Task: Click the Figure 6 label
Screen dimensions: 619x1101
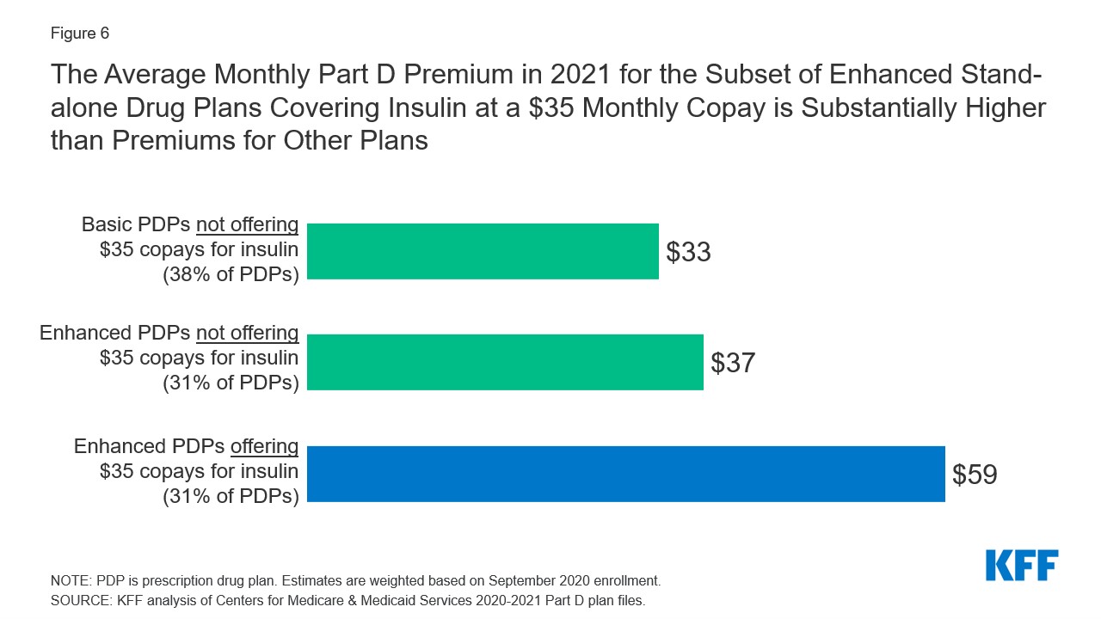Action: (x=80, y=34)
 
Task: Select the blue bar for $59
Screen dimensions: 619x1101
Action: (x=625, y=474)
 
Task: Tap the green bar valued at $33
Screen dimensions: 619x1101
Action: (x=483, y=251)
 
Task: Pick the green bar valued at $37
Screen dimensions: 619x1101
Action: (x=505, y=362)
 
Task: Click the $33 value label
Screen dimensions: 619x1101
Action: (x=688, y=252)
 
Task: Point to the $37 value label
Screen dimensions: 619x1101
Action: (x=733, y=363)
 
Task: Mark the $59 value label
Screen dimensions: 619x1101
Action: (x=975, y=475)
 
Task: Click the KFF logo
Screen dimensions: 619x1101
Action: (x=1022, y=566)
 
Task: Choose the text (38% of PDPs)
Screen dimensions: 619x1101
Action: (x=231, y=273)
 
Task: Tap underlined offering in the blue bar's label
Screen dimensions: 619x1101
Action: (x=264, y=447)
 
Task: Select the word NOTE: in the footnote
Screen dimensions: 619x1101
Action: (x=72, y=580)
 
